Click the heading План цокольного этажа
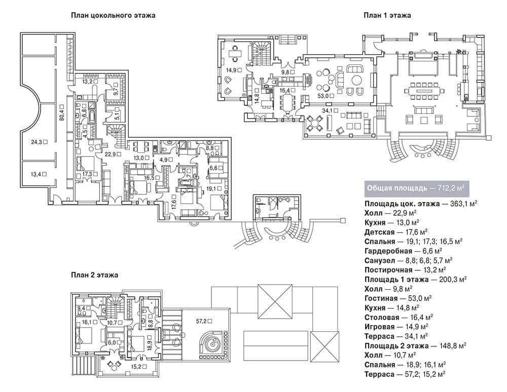(113, 15)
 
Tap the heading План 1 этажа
(387, 15)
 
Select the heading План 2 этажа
(94, 275)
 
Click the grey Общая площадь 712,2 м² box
(416, 188)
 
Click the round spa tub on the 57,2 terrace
(212, 344)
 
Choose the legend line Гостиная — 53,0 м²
(398, 298)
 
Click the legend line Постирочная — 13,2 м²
(406, 269)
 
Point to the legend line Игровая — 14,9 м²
(396, 327)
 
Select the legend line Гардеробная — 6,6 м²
(403, 251)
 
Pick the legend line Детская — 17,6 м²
(396, 232)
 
